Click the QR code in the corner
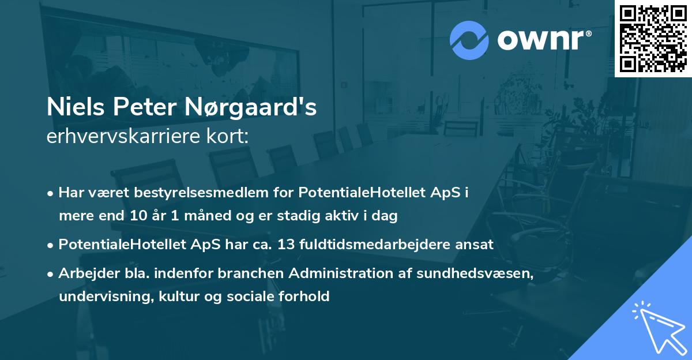pos(653,39)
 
